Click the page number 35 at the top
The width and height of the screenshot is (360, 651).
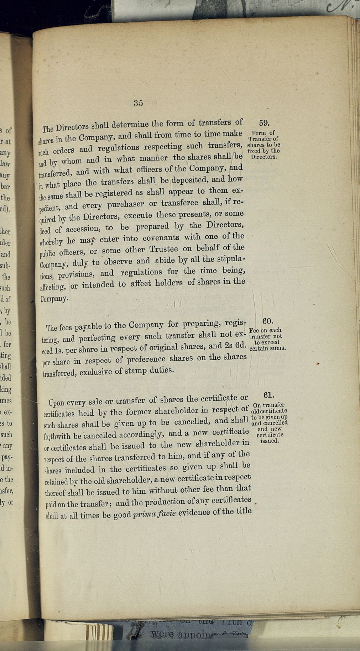(x=138, y=103)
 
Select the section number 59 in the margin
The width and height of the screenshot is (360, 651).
(x=264, y=123)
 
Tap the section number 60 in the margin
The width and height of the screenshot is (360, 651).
(x=267, y=321)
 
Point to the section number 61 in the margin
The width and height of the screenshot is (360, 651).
(x=268, y=395)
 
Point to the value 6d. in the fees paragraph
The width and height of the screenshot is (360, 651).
(x=239, y=345)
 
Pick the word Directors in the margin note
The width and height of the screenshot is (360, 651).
(x=264, y=157)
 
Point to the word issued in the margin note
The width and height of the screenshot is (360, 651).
(x=269, y=441)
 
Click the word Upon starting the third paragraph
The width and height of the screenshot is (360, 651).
(x=57, y=403)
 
